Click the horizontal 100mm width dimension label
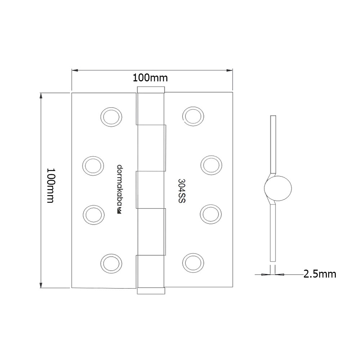150,78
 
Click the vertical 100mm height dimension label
51,185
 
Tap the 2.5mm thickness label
320,274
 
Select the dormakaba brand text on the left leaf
120,186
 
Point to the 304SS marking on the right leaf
181,191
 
